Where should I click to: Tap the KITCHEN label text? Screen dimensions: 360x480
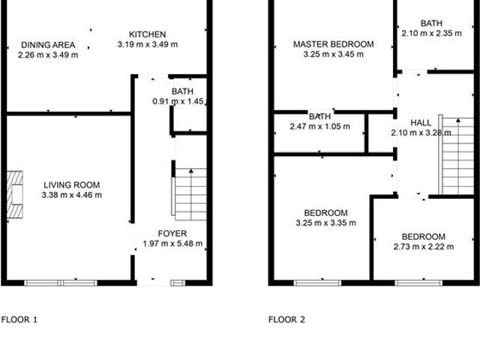point(147,34)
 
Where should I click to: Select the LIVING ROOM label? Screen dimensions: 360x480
point(72,185)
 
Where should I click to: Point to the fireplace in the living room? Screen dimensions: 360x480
point(15,187)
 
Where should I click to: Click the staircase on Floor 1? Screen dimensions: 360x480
point(190,193)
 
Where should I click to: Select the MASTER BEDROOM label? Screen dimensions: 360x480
point(333,45)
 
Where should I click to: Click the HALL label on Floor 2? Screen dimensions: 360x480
point(421,123)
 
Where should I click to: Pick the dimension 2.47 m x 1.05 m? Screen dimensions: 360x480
point(320,127)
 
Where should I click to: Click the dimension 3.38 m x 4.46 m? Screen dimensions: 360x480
point(72,195)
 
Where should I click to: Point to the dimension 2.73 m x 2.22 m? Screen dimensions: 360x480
point(423,246)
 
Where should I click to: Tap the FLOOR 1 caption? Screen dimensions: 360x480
point(19,319)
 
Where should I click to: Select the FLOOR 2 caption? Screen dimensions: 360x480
point(287,319)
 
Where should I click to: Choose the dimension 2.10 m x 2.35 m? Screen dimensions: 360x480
point(431,33)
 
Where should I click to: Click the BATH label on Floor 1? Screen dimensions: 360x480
point(182,91)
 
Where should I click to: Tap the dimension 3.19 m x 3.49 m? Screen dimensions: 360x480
point(147,45)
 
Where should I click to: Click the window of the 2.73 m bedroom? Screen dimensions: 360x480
point(418,283)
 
